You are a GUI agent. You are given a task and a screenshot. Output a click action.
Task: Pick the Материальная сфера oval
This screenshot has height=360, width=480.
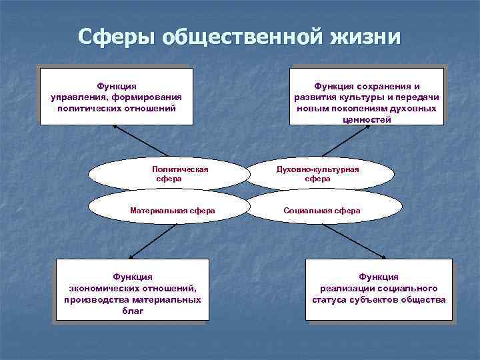pyautogui.click(x=172, y=210)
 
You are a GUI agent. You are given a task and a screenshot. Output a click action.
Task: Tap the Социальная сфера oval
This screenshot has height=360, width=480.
pyautogui.click(x=321, y=210)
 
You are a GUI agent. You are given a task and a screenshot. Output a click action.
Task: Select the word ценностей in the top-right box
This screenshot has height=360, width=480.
pyautogui.click(x=366, y=120)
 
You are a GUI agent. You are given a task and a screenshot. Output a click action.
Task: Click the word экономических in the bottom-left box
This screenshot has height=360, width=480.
pyautogui.click(x=101, y=288)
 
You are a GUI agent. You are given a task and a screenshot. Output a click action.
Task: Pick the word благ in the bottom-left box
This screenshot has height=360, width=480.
pyautogui.click(x=133, y=311)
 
